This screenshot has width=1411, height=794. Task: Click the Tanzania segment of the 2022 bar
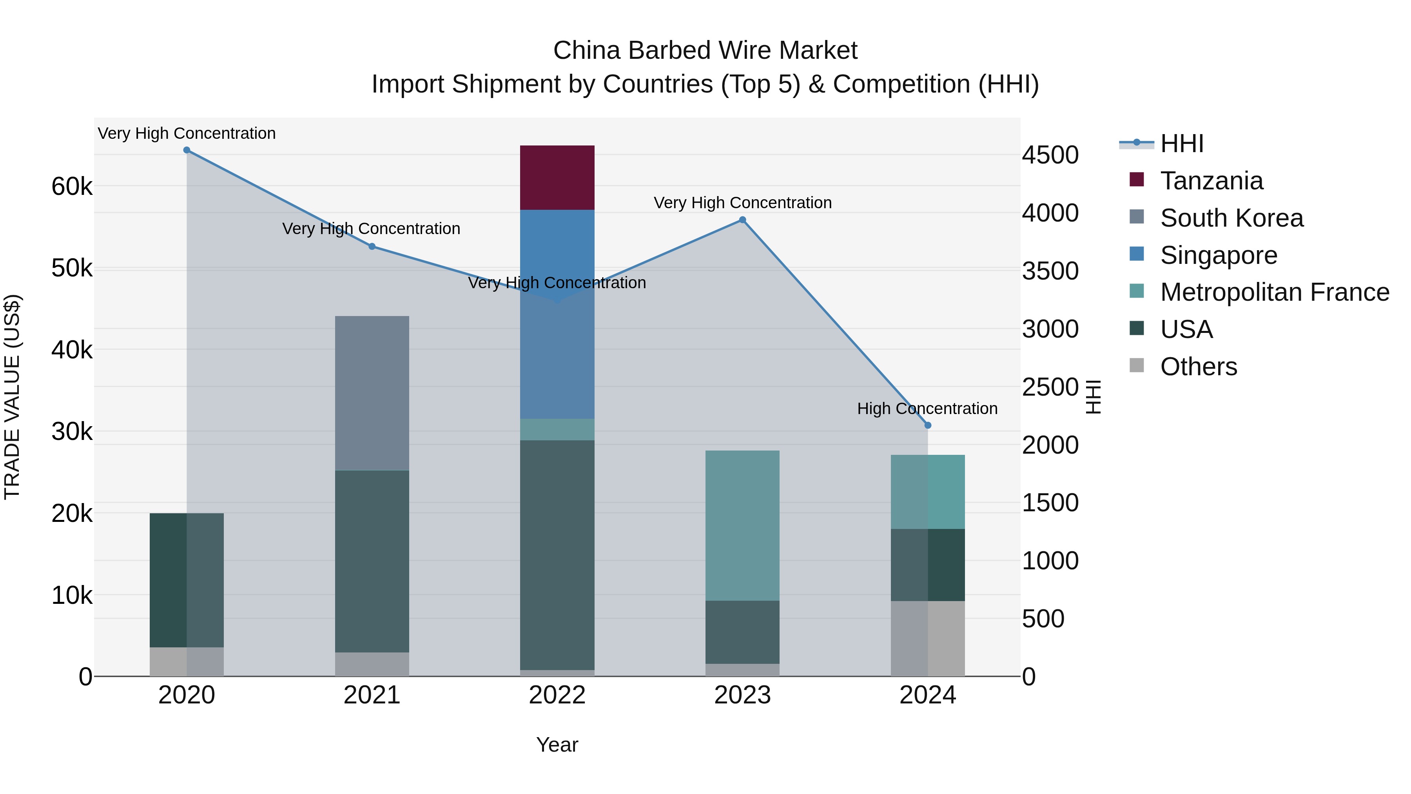pos(557,178)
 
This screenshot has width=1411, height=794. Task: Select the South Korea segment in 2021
pos(372,392)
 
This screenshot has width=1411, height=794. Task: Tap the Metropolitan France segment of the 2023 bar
pos(742,525)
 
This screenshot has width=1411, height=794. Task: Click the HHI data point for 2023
pos(742,220)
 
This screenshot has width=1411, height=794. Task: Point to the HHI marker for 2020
pos(187,150)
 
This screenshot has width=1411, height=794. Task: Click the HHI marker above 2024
pos(927,425)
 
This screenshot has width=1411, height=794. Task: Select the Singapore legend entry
pos(1218,255)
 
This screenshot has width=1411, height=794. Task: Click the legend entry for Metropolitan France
pos(1274,293)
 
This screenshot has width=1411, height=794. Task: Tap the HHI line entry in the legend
pos(1181,144)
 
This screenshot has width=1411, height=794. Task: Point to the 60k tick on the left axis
pos(72,187)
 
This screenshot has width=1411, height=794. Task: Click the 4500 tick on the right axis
pos(1050,155)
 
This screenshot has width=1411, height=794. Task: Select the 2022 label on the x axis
pos(557,695)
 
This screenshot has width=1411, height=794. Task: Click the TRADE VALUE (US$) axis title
pos(12,397)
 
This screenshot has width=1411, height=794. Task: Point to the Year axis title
pos(557,745)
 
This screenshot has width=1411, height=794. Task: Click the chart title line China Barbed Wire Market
pos(705,51)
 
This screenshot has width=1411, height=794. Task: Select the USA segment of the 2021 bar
pos(372,561)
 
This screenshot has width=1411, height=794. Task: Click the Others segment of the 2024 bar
pos(927,638)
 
